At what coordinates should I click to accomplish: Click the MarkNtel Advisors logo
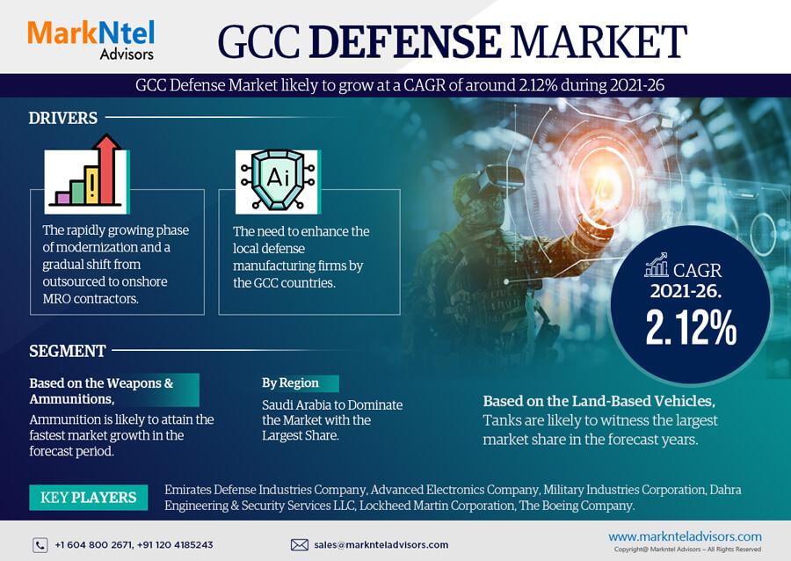91,40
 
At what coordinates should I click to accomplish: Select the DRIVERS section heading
63,118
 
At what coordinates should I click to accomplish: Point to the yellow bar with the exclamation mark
91,186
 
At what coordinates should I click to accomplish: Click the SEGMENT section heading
67,351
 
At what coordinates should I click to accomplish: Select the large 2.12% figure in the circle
691,328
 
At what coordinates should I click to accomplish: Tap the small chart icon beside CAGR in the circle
656,266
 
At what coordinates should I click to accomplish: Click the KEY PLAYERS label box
88,498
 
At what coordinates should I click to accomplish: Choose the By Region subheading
290,382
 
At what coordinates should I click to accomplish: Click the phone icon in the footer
40,545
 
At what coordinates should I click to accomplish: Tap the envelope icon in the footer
299,545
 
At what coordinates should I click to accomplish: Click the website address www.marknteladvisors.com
685,536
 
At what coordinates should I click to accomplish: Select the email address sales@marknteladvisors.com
381,545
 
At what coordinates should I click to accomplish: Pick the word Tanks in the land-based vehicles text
500,420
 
